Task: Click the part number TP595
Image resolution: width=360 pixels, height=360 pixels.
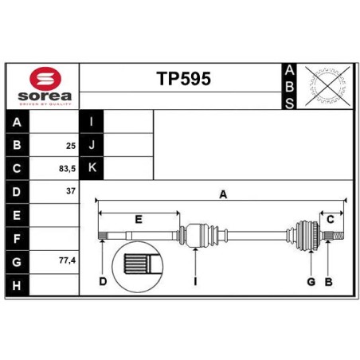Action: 184,79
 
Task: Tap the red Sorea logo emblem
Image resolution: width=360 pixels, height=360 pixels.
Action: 45,78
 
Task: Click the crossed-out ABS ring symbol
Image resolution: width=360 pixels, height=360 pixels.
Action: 327,85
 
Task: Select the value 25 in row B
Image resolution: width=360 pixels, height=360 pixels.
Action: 71,146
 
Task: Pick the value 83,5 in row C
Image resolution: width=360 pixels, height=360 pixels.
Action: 68,169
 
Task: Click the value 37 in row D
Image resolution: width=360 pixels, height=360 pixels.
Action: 71,191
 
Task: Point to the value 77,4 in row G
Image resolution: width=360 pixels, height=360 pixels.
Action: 68,260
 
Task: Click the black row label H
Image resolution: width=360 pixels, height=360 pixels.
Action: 17,285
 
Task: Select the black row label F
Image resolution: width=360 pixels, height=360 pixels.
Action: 17,239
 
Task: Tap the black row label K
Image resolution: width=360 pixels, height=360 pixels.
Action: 92,168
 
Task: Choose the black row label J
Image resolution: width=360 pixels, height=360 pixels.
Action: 92,145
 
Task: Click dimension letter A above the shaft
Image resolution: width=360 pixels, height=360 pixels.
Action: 223,194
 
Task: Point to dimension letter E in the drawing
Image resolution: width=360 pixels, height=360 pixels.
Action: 139,220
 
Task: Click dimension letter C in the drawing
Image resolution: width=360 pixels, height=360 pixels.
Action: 331,220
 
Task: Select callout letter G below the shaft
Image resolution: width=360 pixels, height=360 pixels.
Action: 311,282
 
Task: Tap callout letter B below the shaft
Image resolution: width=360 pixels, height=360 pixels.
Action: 329,282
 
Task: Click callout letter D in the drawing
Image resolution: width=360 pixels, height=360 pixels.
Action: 103,281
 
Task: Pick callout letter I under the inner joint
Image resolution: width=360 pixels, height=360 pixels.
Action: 195,282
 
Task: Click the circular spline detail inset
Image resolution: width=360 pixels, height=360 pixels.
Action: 138,267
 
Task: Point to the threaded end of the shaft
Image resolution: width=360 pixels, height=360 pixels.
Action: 338,235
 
